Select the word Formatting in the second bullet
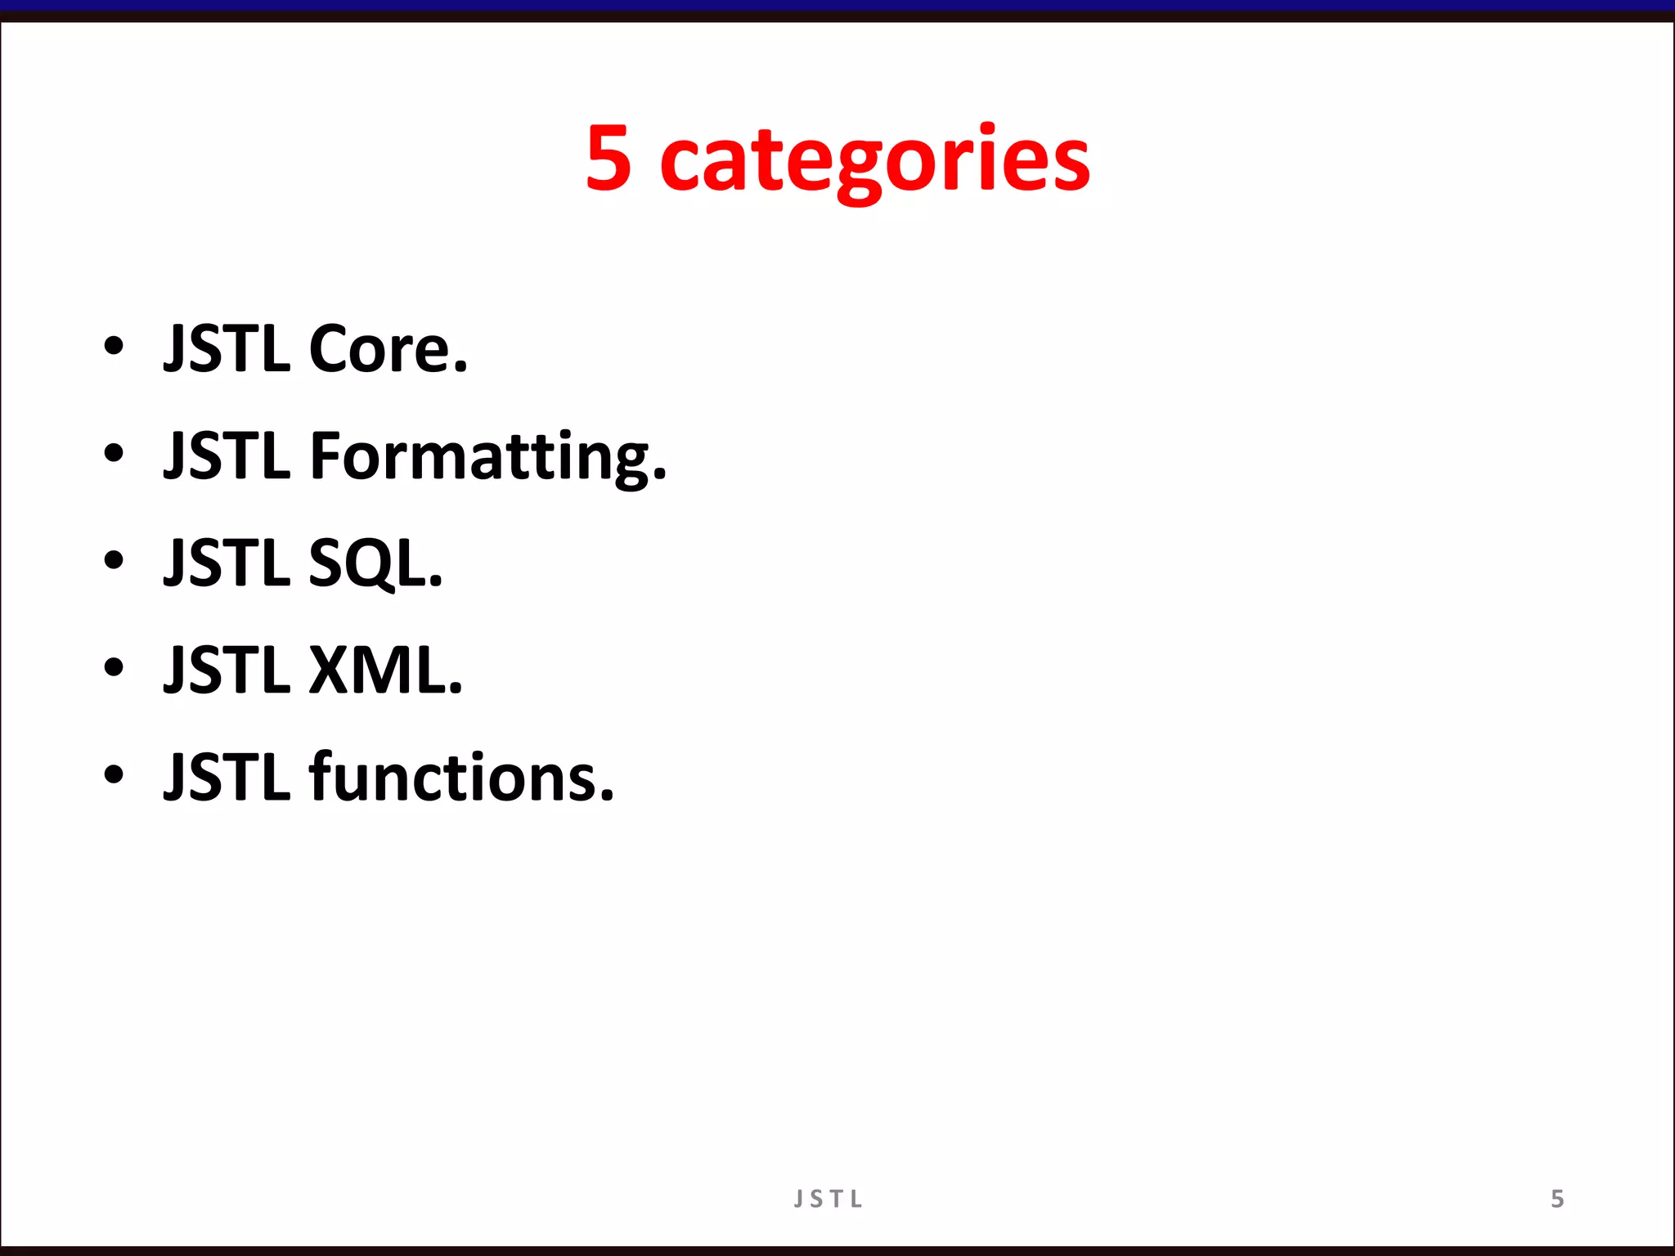tap(481, 456)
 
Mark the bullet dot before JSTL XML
tap(114, 667)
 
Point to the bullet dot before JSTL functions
tap(114, 774)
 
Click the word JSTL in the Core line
tap(227, 349)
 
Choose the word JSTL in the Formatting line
tap(227, 456)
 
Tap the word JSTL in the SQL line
tap(227, 563)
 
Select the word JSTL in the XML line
tap(227, 671)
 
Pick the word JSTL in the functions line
tap(227, 778)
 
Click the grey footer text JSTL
tap(828, 1199)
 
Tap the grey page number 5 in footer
tap(1557, 1199)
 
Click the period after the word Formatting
tap(660, 475)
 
